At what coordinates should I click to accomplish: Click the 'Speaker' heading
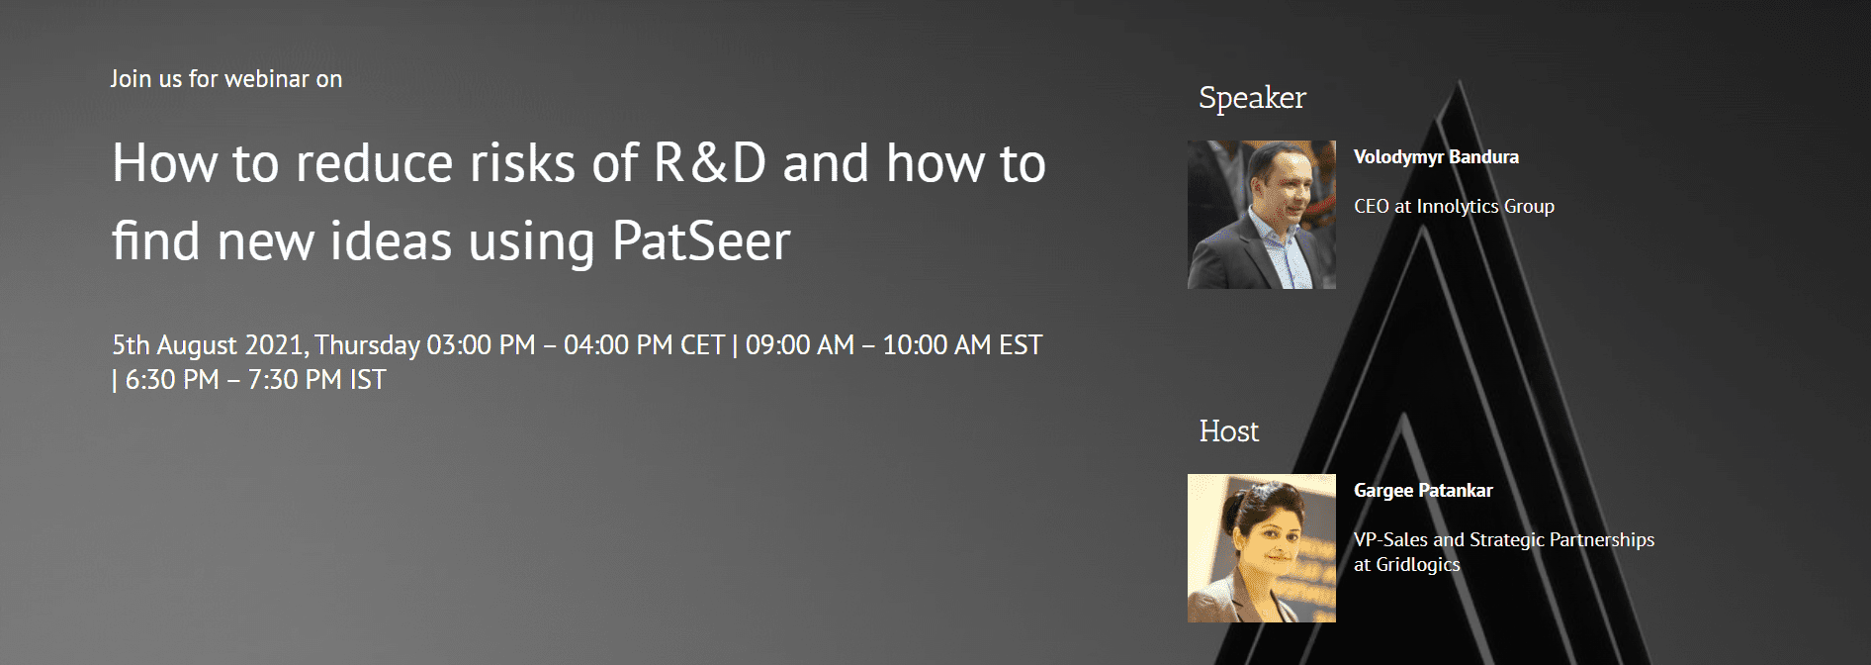coord(1252,99)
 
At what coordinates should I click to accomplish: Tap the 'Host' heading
coord(1229,431)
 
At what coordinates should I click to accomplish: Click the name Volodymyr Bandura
coord(1436,157)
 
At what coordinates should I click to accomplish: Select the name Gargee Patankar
coord(1423,491)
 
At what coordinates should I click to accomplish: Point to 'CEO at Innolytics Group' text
coord(1454,207)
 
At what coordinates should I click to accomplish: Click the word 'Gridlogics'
coord(1418,565)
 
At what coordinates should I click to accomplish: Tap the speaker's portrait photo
coord(1262,215)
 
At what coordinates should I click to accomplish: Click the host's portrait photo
coord(1262,548)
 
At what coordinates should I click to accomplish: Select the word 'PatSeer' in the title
coord(701,240)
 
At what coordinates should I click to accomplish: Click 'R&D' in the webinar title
coord(710,163)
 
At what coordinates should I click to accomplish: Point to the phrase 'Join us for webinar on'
coord(226,79)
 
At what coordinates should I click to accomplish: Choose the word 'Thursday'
coord(368,345)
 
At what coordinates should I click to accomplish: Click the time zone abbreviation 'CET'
coord(703,345)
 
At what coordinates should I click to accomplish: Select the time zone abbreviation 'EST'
coord(1021,345)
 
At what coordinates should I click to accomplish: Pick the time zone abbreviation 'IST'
coord(368,380)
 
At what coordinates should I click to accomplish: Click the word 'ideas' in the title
coord(392,240)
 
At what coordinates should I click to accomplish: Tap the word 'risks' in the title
coord(523,163)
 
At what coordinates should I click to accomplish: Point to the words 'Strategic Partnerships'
coord(1562,540)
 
